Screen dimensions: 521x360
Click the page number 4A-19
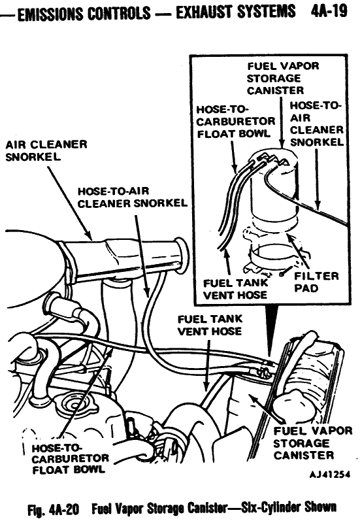[x=331, y=12]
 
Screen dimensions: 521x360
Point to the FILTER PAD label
[x=321, y=282]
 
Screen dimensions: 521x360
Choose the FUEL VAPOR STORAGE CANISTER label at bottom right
[x=313, y=443]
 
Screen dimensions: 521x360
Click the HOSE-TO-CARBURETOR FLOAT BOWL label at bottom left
[x=65, y=458]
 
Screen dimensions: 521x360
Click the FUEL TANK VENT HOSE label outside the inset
[x=210, y=326]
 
